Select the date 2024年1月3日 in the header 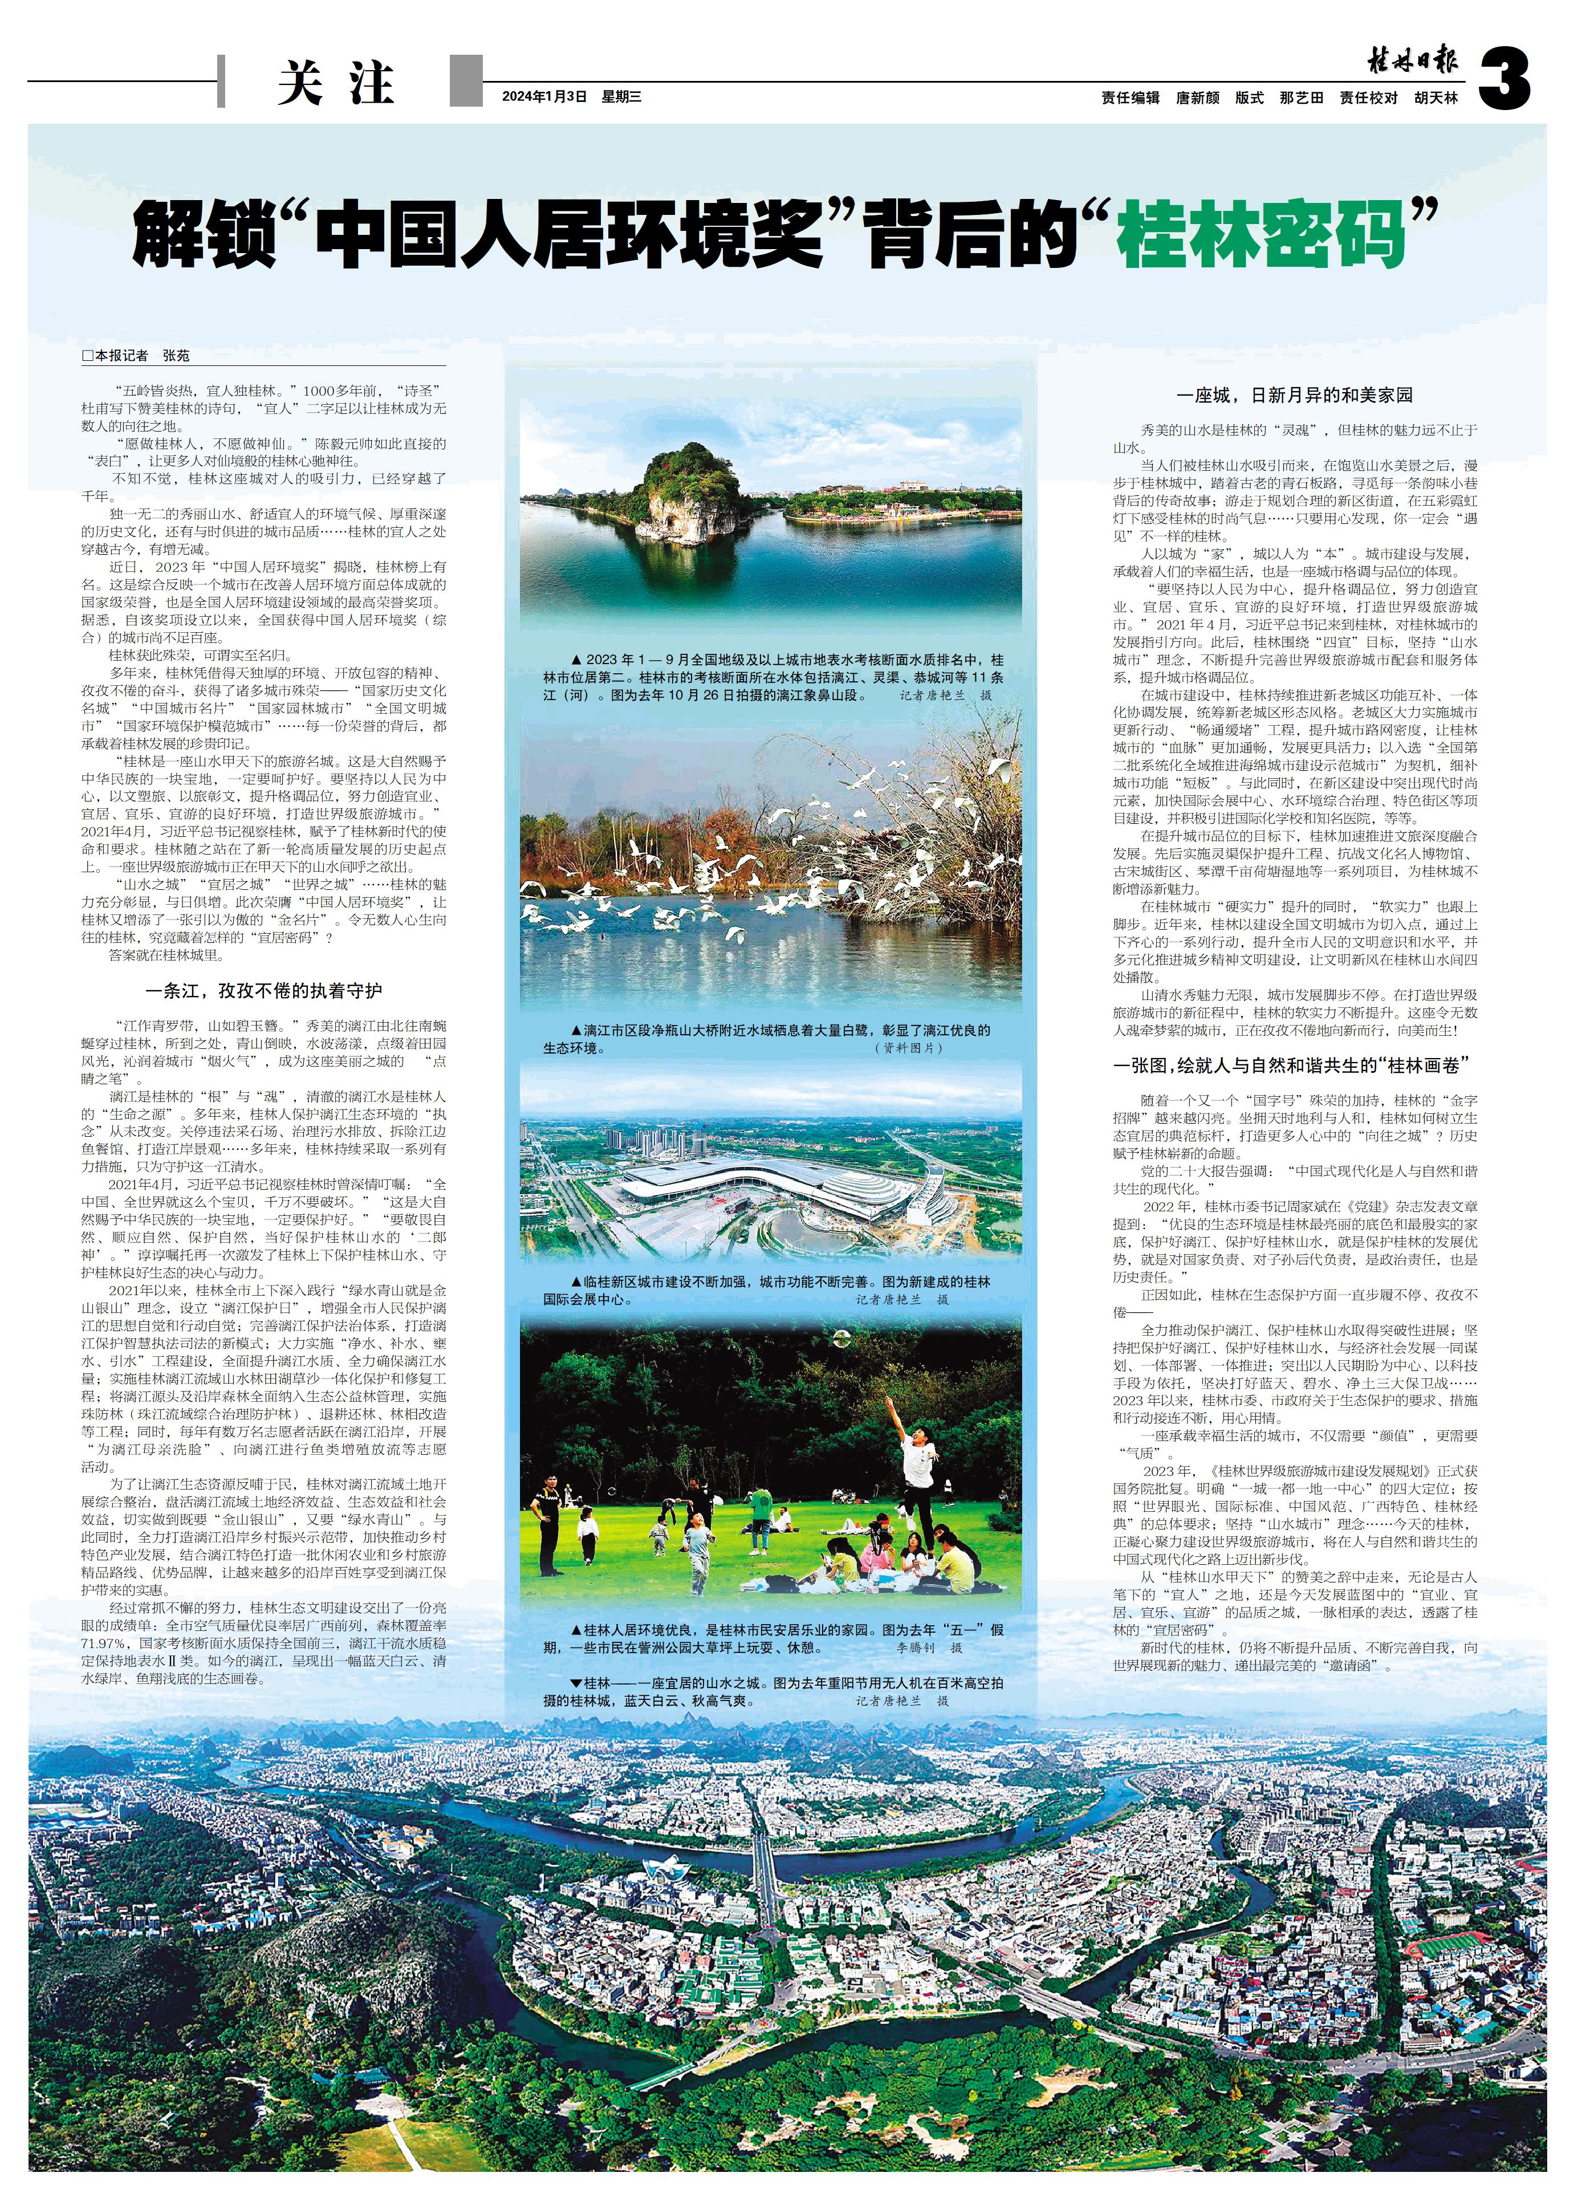[544, 97]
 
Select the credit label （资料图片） [908, 1048]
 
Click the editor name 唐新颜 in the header [1198, 98]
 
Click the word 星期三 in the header [622, 97]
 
